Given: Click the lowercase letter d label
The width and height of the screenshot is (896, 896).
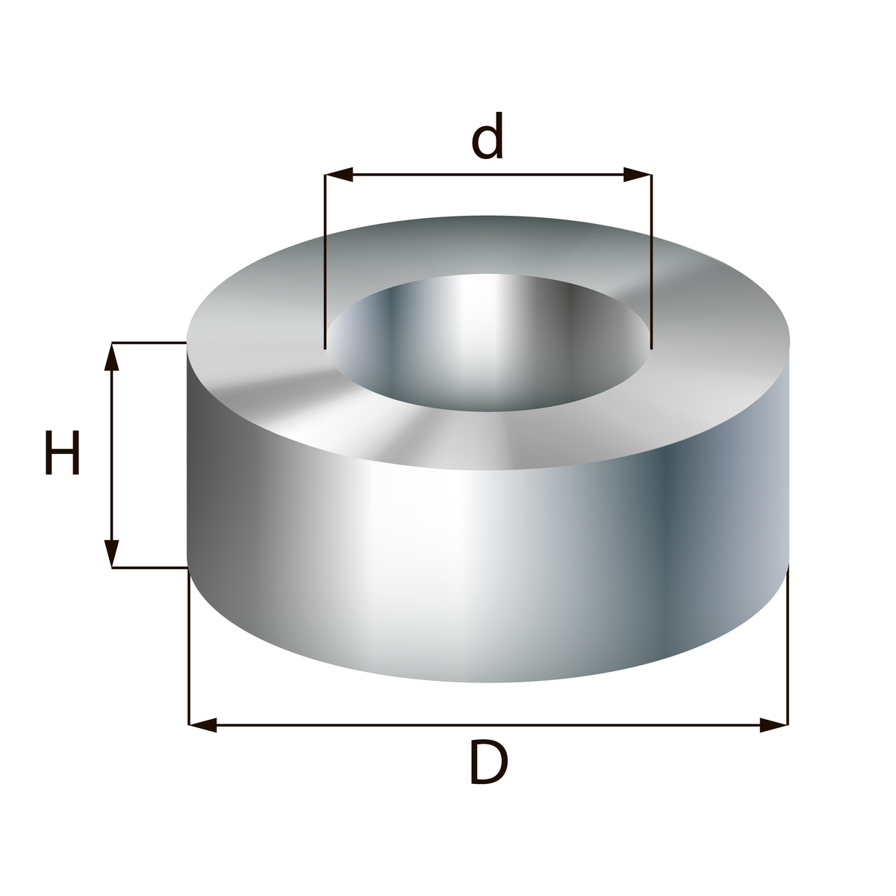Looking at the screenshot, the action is (x=488, y=136).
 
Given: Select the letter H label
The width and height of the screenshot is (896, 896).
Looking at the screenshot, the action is (x=62, y=452).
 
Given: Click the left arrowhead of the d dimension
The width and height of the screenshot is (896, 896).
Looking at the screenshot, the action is (x=339, y=175).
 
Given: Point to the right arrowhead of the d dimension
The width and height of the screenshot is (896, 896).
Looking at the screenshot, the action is (x=638, y=175).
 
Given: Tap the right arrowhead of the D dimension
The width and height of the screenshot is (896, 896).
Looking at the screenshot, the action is (x=774, y=725).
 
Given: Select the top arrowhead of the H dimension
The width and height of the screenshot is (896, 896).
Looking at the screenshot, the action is (x=111, y=357).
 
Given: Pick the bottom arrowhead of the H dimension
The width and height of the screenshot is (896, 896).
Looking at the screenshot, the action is (x=111, y=554).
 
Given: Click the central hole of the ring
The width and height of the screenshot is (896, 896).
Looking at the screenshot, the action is (x=488, y=343).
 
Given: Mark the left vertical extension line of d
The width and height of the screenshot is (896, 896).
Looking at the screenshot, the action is (x=325, y=262).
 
